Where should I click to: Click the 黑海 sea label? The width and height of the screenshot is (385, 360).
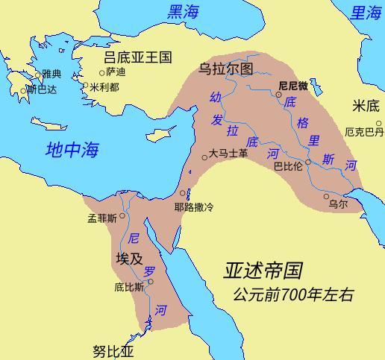(184, 12)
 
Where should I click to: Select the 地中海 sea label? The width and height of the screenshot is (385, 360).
(72, 148)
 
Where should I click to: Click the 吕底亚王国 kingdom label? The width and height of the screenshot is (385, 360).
(138, 57)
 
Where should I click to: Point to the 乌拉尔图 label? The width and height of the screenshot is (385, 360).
(228, 69)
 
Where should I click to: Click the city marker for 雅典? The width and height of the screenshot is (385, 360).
(38, 75)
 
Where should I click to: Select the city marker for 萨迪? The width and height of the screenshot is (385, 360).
(102, 72)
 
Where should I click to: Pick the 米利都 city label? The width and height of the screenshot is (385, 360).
(104, 86)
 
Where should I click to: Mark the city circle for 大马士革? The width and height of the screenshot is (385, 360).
(206, 157)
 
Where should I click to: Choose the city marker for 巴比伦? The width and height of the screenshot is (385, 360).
(308, 162)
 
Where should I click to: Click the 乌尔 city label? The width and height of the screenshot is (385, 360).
(338, 203)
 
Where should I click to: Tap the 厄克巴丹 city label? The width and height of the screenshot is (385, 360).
(363, 132)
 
